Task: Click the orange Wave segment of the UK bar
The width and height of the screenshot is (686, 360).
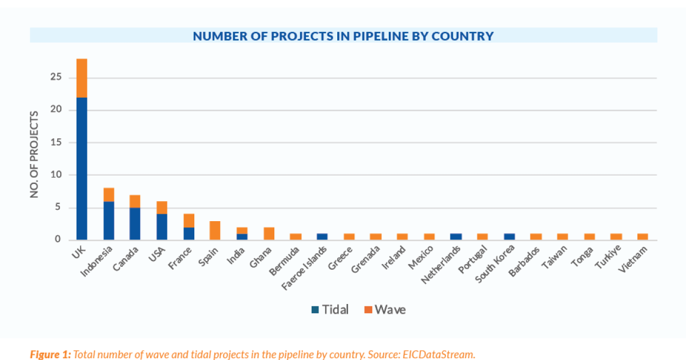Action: [82, 78]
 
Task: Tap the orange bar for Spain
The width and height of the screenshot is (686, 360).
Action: [215, 230]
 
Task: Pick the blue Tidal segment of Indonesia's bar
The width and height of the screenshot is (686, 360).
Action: [109, 221]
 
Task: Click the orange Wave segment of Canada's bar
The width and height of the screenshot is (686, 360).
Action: [135, 201]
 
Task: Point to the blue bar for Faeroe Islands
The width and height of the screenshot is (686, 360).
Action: [322, 237]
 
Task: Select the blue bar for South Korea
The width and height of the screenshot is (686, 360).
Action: [509, 237]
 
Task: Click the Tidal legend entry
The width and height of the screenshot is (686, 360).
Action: [329, 310]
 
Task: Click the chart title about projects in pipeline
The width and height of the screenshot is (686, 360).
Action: [343, 36]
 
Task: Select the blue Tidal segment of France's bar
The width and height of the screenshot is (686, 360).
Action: [189, 233]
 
